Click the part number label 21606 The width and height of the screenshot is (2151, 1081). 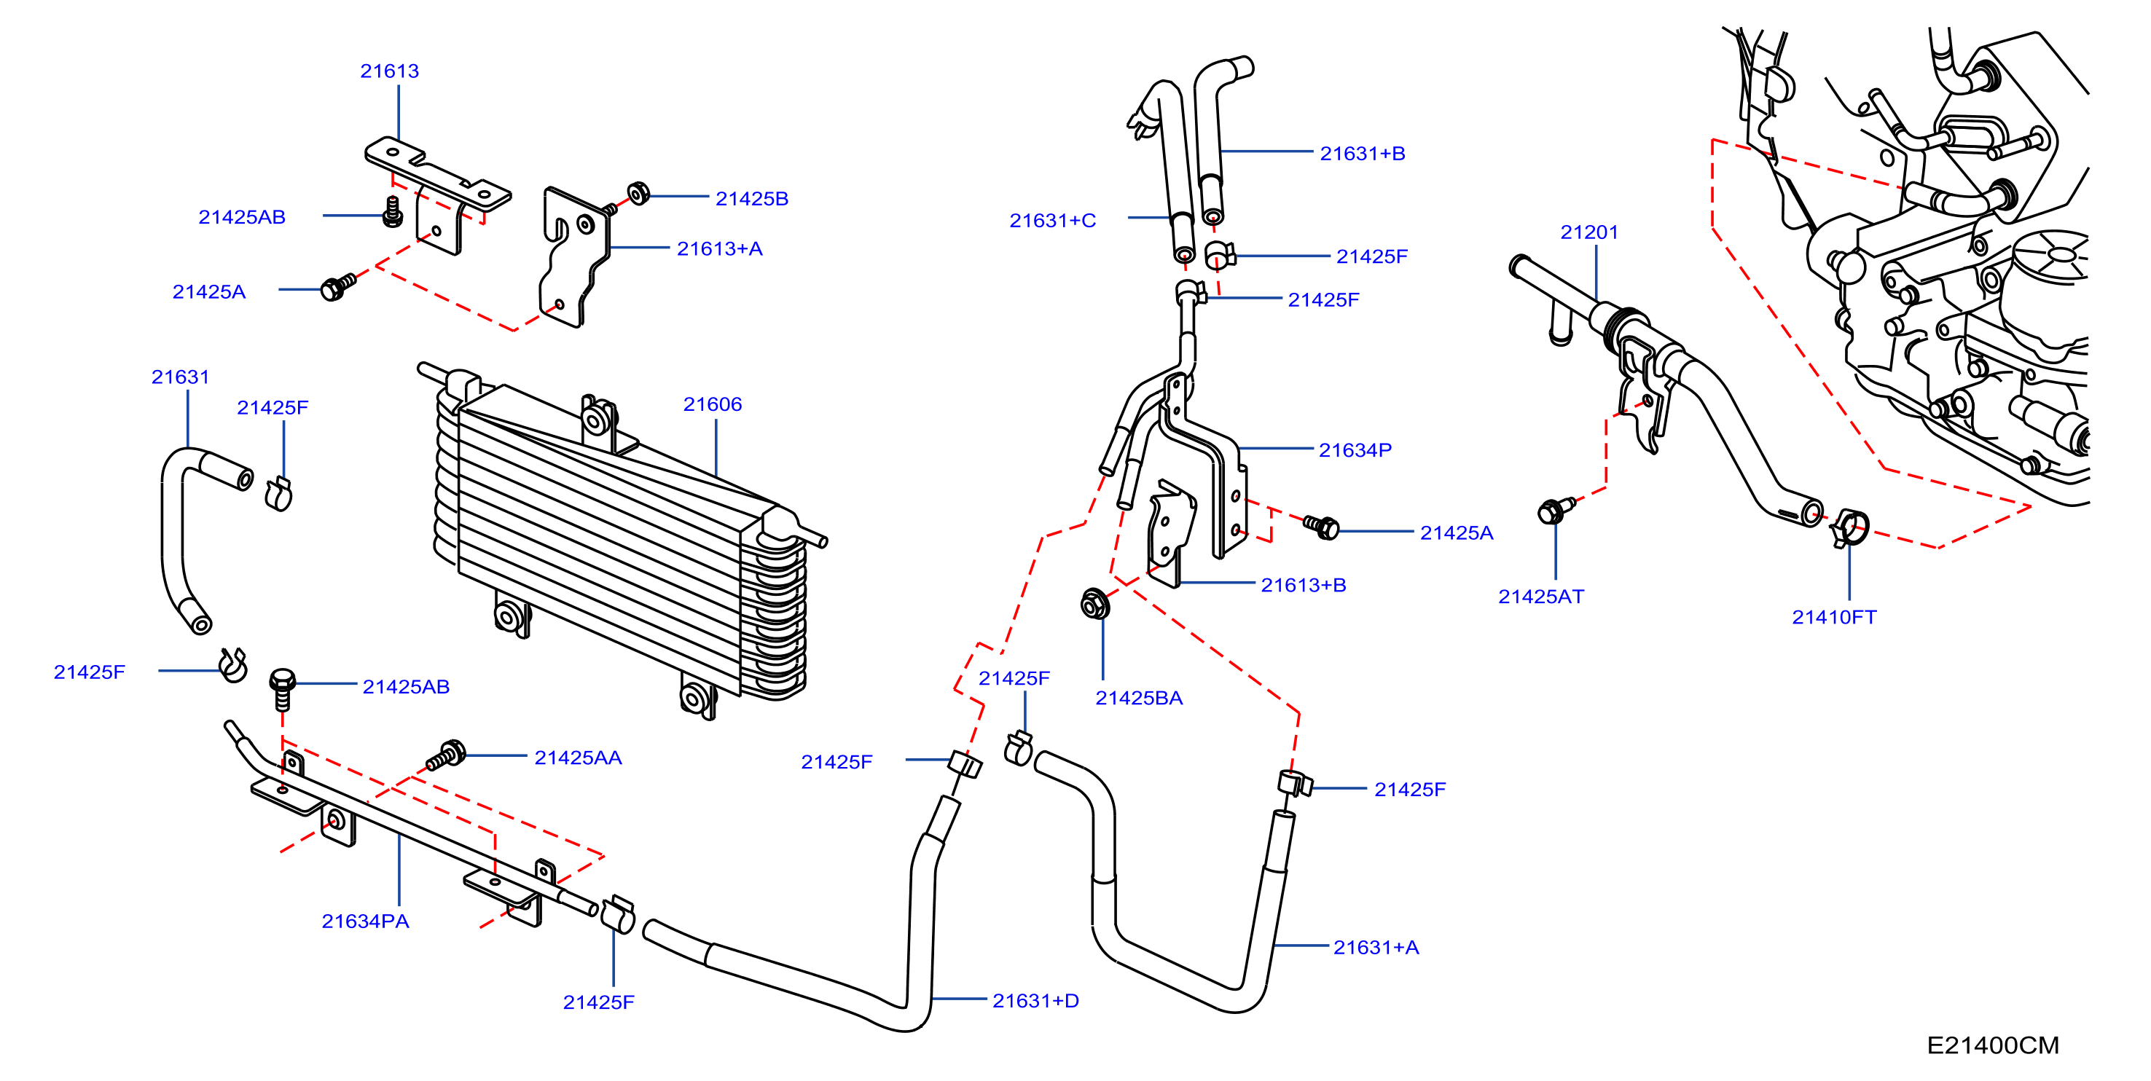(x=713, y=404)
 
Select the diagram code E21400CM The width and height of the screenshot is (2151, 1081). (x=1992, y=1045)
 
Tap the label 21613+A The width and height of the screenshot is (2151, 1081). (x=719, y=248)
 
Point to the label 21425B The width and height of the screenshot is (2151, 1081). (x=751, y=199)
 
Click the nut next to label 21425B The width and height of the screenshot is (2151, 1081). (x=639, y=194)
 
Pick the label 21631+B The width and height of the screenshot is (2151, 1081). (x=1362, y=154)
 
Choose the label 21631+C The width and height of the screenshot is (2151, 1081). (x=1052, y=221)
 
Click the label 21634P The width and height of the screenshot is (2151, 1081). (x=1355, y=450)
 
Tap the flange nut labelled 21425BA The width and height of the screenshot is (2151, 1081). (x=1094, y=604)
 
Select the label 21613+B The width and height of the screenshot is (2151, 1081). (x=1303, y=585)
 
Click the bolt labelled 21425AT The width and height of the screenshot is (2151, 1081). (x=1555, y=509)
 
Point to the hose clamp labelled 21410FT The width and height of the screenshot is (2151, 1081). (x=1849, y=527)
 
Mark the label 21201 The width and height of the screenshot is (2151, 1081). (x=1589, y=232)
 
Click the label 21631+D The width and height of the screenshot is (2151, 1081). (x=1035, y=1001)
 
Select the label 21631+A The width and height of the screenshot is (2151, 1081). (x=1376, y=948)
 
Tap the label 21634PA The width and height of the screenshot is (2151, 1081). (x=365, y=921)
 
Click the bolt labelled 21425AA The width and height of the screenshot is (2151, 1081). (x=447, y=755)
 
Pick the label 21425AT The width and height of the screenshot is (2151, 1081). (x=1540, y=597)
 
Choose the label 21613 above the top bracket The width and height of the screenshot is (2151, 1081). (x=389, y=71)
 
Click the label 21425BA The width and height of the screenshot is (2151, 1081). (x=1139, y=698)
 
